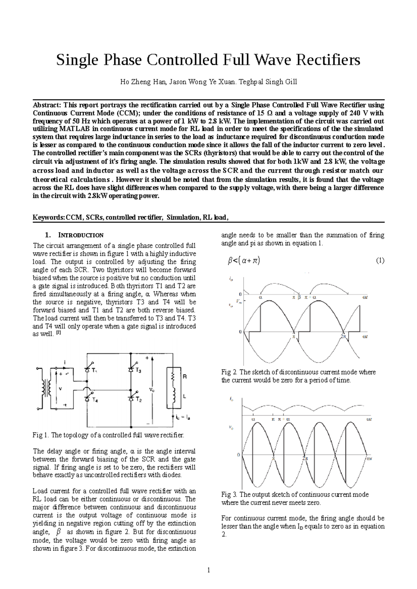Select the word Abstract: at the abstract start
[x=47, y=105]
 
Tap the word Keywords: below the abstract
[x=49, y=217]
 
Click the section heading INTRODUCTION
[x=80, y=235]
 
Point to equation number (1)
[x=380, y=261]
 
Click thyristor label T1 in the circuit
[x=95, y=371]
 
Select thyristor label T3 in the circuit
[x=139, y=371]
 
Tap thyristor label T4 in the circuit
[x=95, y=400]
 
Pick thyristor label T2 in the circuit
[x=139, y=400]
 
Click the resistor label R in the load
[x=185, y=376]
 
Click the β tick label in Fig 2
[x=299, y=297]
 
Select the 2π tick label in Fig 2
[x=343, y=336]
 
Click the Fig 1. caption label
[x=40, y=435]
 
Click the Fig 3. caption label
[x=229, y=494]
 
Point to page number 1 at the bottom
[x=208, y=570]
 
